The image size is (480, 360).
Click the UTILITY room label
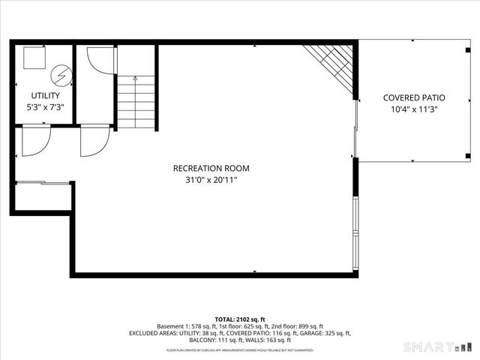pos(45,96)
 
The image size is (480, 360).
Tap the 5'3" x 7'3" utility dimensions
pos(45,107)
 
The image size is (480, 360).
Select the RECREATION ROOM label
pos(211,168)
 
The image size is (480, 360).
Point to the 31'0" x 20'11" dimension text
pos(211,180)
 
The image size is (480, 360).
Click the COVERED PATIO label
pos(414,97)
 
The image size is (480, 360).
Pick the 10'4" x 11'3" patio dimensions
pos(414,109)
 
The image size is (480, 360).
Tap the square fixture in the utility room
pos(34,58)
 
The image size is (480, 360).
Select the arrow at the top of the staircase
pos(136,78)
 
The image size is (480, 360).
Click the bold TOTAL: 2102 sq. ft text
pos(239,319)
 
